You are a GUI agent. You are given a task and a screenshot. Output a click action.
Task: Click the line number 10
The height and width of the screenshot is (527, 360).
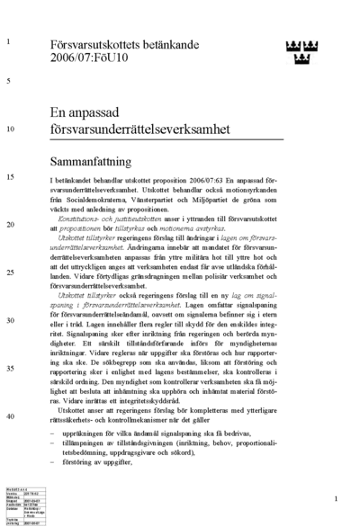click(x=10, y=129)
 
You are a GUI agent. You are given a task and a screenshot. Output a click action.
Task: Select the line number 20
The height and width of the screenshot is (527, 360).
click(x=10, y=224)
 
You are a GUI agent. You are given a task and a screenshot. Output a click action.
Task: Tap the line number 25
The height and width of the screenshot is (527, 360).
click(x=10, y=272)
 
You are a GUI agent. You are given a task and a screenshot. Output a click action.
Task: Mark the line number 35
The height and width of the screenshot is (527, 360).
click(x=10, y=368)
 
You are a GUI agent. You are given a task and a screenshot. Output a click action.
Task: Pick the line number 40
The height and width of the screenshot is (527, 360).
click(x=10, y=416)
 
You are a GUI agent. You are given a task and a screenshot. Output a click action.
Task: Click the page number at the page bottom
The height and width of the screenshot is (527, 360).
click(x=335, y=498)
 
